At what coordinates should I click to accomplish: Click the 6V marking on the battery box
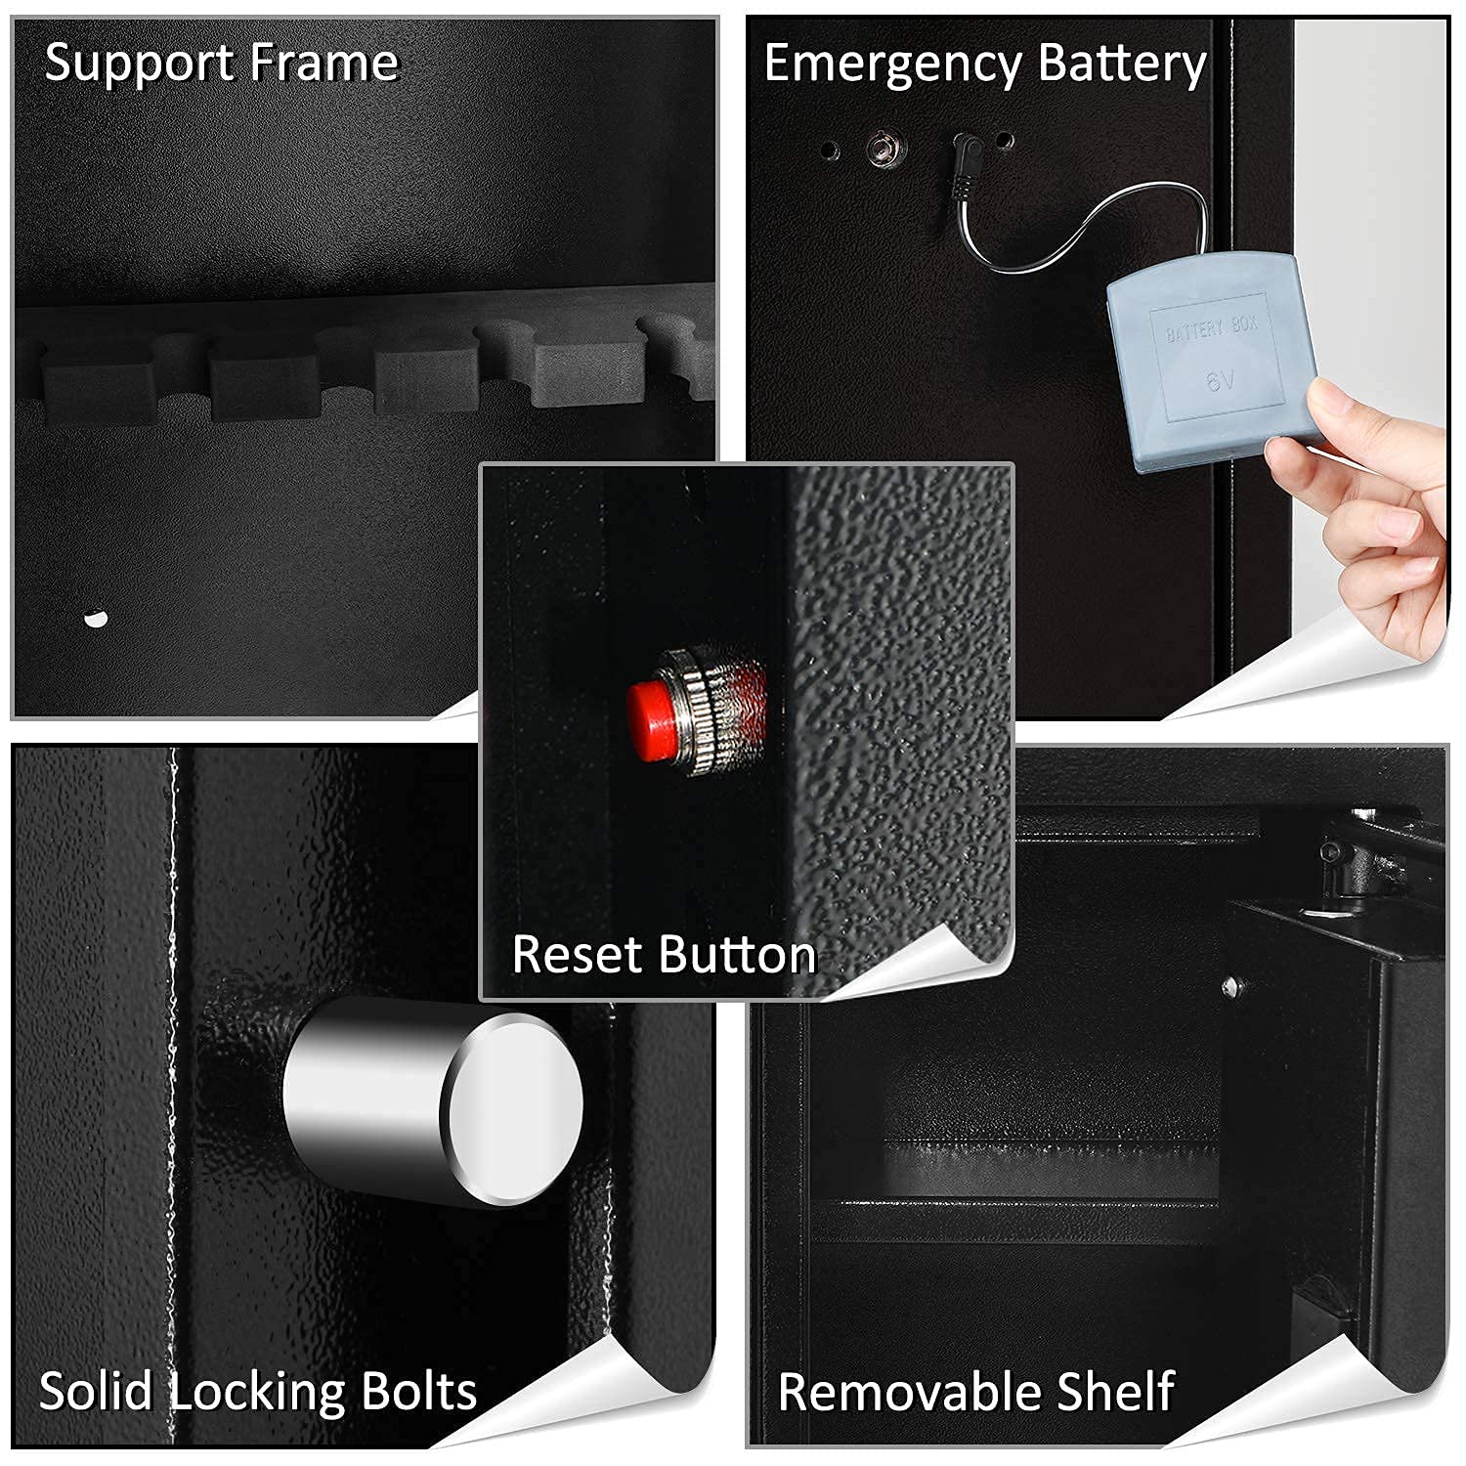pos(1221,380)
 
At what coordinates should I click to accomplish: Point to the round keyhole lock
pos(885,150)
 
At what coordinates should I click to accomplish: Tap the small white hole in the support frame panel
pos(95,618)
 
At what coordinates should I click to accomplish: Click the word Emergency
pos(891,66)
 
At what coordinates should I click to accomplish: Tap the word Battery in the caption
pos(1121,65)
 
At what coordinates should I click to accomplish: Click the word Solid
pos(95,1392)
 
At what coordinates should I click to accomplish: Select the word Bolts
pos(418,1392)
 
